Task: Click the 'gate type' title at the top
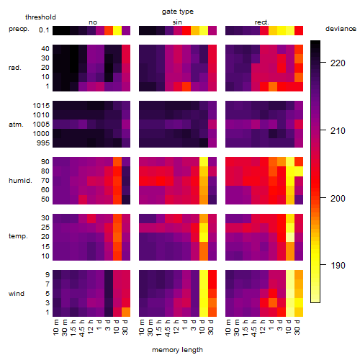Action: coord(178,12)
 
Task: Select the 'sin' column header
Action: coord(177,22)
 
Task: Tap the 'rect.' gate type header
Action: coord(262,22)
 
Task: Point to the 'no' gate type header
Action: coord(93,22)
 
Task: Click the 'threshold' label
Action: coord(40,17)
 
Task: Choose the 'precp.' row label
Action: coord(19,30)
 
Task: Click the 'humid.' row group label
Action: coord(20,180)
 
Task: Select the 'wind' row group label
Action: coord(17,294)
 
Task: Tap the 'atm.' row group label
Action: coord(16,125)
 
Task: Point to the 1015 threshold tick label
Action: coord(41,106)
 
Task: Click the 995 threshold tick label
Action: coord(43,143)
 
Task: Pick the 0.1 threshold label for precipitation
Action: coord(44,30)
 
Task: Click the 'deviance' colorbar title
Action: coord(341,29)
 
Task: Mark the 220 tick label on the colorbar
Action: coord(338,63)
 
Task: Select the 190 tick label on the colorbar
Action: coord(338,266)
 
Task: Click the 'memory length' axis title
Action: coord(178,350)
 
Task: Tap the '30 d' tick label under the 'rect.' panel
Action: coord(297,327)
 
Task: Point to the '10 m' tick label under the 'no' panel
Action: coord(55,328)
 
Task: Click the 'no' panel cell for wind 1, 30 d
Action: coord(126,312)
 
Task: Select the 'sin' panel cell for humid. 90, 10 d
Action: coord(204,161)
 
